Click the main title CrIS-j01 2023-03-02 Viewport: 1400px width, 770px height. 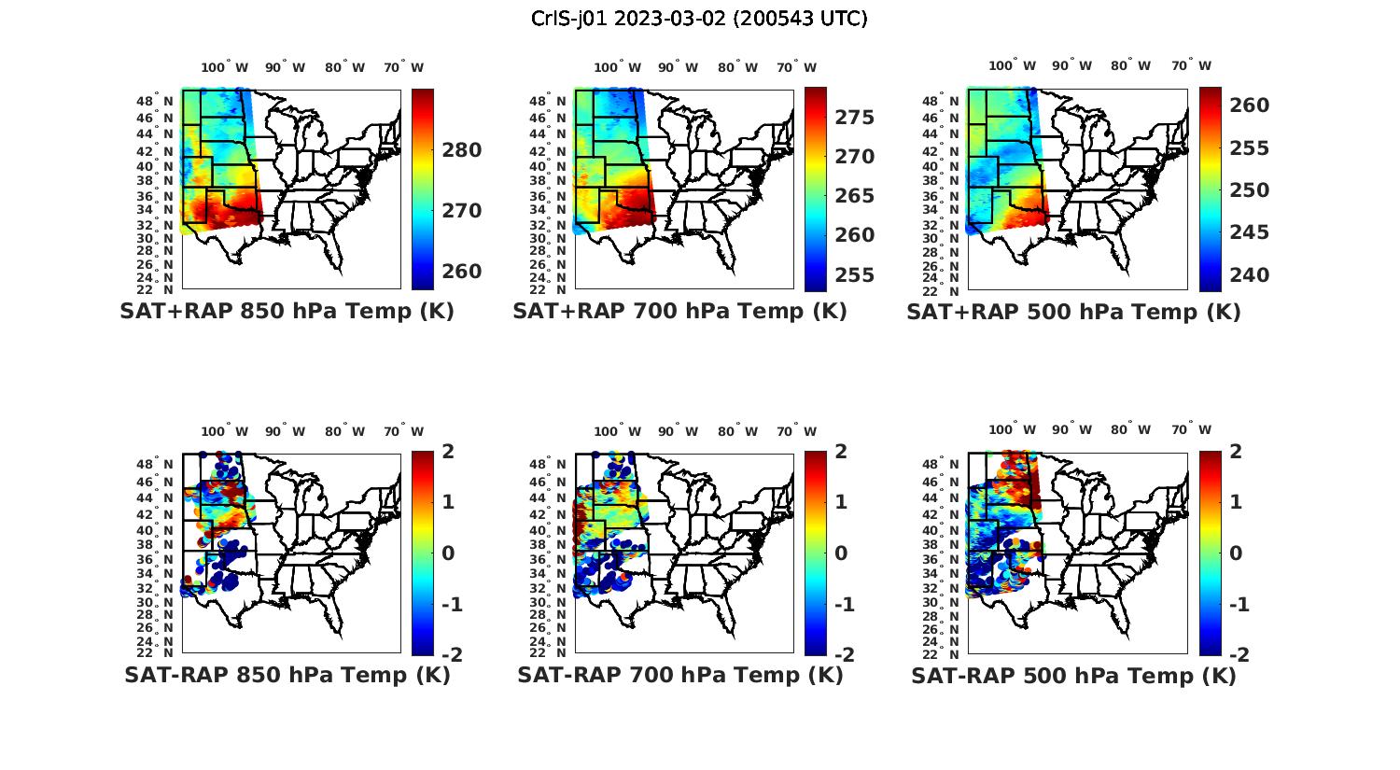pos(699,18)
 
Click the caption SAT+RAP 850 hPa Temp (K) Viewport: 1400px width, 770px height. pos(287,311)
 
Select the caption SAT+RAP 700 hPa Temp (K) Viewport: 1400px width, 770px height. pos(679,311)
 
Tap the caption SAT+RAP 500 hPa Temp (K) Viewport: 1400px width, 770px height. pos(1073,312)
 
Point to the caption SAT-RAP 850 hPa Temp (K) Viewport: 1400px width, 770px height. pos(287,675)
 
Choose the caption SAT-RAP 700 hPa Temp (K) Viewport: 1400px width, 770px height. pos(680,675)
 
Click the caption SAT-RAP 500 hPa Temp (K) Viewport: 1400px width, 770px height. pos(1073,676)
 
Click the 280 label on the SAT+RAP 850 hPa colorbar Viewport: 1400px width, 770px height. pos(461,150)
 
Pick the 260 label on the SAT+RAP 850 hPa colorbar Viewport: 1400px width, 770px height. pos(461,272)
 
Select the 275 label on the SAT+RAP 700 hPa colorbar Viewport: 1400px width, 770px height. pos(855,118)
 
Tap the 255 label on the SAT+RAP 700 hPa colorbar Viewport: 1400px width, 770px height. pos(855,275)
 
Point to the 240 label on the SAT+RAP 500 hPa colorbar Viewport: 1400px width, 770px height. pos(1250,275)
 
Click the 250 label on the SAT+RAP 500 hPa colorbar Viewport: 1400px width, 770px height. pos(1250,190)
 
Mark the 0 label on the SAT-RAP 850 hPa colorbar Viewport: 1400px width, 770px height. pos(448,553)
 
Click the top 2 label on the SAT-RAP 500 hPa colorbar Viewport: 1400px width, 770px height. pos(1239,452)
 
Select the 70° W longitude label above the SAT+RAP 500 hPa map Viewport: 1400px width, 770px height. pos(1191,66)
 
